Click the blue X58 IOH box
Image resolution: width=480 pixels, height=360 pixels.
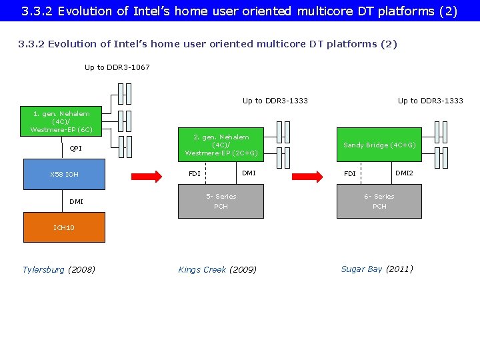click(64, 174)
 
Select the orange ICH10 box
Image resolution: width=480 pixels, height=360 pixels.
click(64, 227)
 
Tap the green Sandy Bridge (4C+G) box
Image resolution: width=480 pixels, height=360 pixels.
click(379, 145)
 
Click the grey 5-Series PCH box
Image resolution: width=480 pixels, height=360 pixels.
click(221, 201)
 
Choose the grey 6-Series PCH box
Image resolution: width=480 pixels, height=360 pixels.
click(379, 201)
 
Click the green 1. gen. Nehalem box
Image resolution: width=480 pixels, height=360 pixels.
click(61, 121)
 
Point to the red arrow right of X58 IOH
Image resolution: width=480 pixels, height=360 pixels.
click(146, 176)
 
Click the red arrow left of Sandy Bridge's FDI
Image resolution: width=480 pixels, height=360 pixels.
click(307, 176)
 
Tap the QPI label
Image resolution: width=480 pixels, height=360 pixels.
click(76, 149)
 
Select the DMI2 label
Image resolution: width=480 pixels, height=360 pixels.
click(404, 173)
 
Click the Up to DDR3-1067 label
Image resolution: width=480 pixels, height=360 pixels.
click(117, 67)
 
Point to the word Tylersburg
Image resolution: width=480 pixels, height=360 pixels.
click(43, 269)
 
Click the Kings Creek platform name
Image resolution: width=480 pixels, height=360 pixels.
click(202, 269)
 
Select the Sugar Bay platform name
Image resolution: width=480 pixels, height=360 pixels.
click(361, 269)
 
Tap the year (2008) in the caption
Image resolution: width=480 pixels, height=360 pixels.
click(81, 269)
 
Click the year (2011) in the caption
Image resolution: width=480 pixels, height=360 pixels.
click(399, 269)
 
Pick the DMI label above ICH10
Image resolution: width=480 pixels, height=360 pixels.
click(76, 201)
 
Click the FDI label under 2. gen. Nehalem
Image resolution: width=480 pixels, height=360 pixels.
click(194, 174)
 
